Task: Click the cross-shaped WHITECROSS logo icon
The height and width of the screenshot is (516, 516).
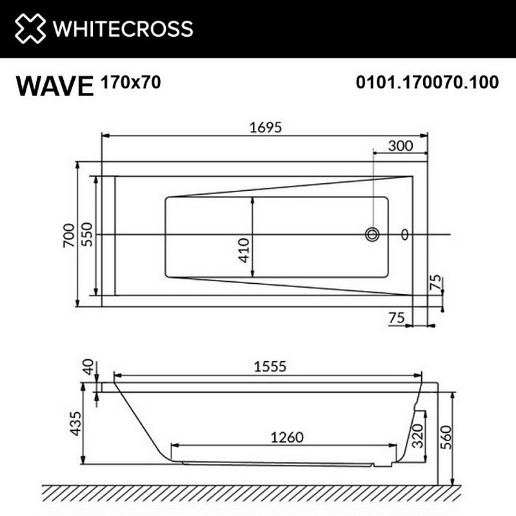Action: (x=30, y=28)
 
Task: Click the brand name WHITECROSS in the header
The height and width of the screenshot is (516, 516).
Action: (x=123, y=28)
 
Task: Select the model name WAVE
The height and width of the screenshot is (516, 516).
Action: (x=55, y=85)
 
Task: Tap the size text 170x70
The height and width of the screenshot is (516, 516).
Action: (x=130, y=82)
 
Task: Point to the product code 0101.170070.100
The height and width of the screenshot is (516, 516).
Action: (x=427, y=83)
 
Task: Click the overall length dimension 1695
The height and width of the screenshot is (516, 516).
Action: (x=266, y=127)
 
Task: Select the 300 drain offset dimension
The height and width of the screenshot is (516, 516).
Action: (x=400, y=146)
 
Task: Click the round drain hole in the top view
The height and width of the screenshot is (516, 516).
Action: (x=372, y=234)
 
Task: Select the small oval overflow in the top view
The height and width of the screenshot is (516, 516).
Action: (x=405, y=234)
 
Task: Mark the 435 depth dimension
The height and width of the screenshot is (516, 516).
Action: (x=76, y=423)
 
